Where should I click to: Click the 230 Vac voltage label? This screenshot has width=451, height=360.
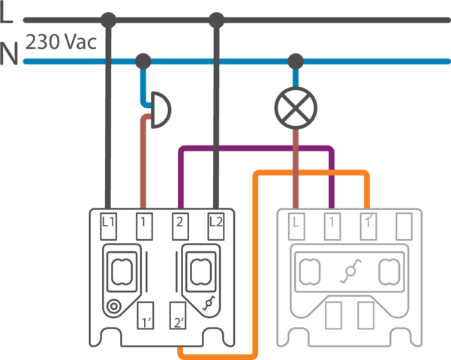pyautogui.click(x=62, y=43)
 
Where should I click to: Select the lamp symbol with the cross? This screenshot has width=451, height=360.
pyautogui.click(x=296, y=108)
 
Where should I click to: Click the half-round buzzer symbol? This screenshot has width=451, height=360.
pyautogui.click(x=160, y=110)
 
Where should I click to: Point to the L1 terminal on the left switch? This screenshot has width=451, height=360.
pyautogui.click(x=108, y=221)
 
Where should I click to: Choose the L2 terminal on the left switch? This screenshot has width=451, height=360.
pyautogui.click(x=216, y=221)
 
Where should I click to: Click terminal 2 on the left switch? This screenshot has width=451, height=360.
pyautogui.click(x=179, y=221)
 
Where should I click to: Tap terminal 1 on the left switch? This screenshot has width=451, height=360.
pyautogui.click(x=143, y=221)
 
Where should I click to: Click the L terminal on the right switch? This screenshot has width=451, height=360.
pyautogui.click(x=296, y=223)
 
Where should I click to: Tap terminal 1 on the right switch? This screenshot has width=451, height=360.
pyautogui.click(x=331, y=223)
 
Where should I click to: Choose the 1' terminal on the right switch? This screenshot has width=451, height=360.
pyautogui.click(x=368, y=223)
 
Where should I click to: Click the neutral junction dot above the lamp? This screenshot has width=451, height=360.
pyautogui.click(x=296, y=59)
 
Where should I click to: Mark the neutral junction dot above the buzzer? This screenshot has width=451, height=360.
pyautogui.click(x=143, y=59)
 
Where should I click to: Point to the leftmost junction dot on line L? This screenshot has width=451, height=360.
pyautogui.click(x=109, y=19)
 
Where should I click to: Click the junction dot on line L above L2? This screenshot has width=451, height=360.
pyautogui.click(x=216, y=19)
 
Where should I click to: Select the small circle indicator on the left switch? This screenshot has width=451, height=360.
pyautogui.click(x=113, y=305)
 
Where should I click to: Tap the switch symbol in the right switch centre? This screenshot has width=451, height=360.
pyautogui.click(x=348, y=272)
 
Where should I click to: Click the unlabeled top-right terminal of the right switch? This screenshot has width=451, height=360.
pyautogui.click(x=404, y=223)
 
